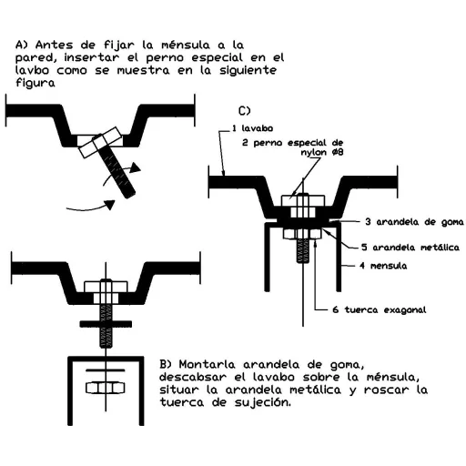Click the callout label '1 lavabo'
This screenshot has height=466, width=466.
pyautogui.click(x=252, y=128)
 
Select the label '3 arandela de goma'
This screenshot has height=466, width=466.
pyautogui.click(x=414, y=222)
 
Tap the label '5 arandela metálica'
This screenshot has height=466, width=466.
pyautogui.click(x=410, y=248)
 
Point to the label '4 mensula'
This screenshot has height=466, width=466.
pyautogui.click(x=383, y=266)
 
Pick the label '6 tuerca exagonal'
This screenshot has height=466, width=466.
pyautogui.click(x=380, y=309)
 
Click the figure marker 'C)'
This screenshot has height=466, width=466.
pyautogui.click(x=245, y=111)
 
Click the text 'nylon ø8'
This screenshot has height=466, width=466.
pyautogui.click(x=322, y=152)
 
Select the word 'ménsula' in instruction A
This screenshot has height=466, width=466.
pyautogui.click(x=186, y=45)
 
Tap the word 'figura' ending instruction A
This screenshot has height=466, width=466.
pyautogui.click(x=35, y=83)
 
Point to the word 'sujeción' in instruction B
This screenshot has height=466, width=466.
pyautogui.click(x=263, y=402)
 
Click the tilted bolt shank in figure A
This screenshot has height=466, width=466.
pyautogui.click(x=116, y=171)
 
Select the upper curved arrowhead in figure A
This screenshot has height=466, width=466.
pyautogui.click(x=135, y=167)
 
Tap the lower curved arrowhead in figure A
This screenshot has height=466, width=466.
pyautogui.click(x=109, y=205)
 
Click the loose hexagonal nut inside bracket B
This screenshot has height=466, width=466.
pyautogui.click(x=106, y=388)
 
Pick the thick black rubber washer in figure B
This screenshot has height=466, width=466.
pyautogui.click(x=106, y=324)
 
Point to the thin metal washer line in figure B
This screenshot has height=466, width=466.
pyautogui.click(x=106, y=370)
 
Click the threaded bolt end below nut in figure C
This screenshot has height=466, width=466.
pyautogui.click(x=303, y=251)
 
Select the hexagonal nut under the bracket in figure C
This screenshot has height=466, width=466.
pyautogui.click(x=302, y=234)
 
